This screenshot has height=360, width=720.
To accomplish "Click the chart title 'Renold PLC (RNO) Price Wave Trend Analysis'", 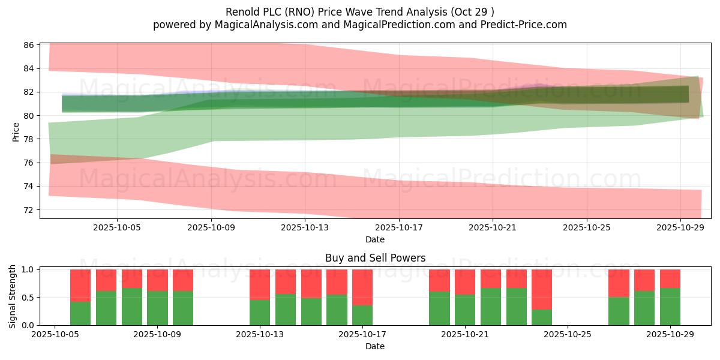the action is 336,12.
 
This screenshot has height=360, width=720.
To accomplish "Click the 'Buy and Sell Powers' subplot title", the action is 375,258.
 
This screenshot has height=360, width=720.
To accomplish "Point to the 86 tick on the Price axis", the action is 29,45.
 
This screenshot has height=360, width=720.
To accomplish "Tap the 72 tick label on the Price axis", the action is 29,210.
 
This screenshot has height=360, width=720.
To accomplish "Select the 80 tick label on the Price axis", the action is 29,116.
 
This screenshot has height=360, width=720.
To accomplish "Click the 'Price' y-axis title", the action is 16,132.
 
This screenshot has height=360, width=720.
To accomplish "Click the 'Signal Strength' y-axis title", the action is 12,296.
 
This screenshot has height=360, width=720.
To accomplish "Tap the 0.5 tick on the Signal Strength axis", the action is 28,298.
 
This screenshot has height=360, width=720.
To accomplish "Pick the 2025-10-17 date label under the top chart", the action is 399,227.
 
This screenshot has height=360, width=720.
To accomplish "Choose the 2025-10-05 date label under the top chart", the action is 117,227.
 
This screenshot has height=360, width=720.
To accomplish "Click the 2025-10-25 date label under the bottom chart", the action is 568,334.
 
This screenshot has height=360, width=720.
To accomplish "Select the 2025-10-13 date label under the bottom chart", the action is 260,334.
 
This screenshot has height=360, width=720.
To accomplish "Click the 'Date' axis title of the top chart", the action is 375,239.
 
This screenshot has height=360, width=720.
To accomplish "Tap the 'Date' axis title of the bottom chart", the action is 375,346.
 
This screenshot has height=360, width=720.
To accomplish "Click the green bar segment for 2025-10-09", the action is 157,308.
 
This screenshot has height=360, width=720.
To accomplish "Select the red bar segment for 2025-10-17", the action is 362,287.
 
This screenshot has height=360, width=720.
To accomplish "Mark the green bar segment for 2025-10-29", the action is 670,307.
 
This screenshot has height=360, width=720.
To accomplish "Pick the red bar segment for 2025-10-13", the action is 260,285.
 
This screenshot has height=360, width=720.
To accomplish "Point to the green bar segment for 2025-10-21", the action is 465,310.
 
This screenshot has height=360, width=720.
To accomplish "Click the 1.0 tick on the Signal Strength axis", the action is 28,269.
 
